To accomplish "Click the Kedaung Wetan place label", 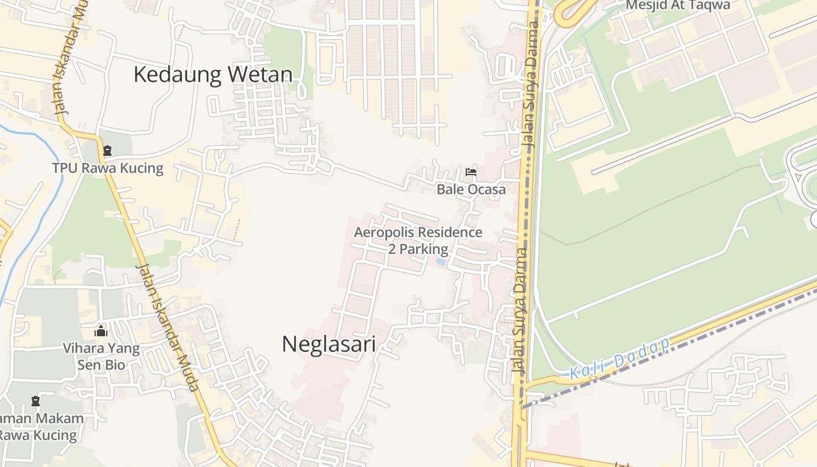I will [213, 75].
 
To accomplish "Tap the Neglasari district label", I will [329, 344].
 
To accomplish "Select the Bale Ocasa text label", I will [471, 189].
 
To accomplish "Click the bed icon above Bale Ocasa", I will [471, 172].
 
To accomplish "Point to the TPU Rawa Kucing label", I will [108, 168].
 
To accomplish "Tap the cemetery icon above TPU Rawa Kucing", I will [107, 151].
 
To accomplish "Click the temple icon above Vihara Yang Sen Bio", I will [101, 331].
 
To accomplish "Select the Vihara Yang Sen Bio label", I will [102, 357].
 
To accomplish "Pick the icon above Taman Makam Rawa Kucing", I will [36, 401].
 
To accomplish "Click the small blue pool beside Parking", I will [441, 262].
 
